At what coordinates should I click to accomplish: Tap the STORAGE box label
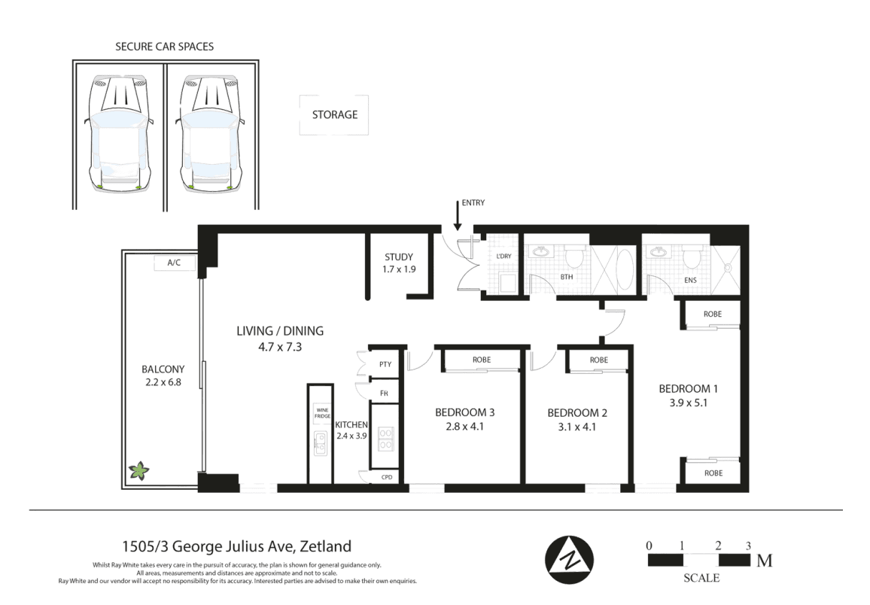tap(334, 115)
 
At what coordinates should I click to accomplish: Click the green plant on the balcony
tap(138, 472)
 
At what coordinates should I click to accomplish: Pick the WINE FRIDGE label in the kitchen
tap(322, 413)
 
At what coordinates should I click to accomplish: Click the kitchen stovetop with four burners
tap(385, 438)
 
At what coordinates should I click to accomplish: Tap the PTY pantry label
tap(385, 364)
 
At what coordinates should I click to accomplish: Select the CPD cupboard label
tap(387, 477)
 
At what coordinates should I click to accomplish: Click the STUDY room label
tap(399, 257)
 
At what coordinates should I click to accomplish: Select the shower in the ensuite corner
tap(727, 265)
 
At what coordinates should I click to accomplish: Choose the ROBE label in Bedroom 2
tap(598, 360)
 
